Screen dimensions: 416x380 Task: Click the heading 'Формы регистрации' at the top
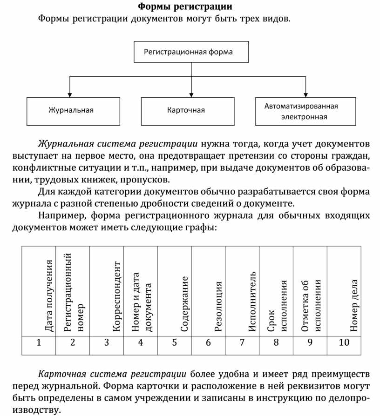[x=185, y=7]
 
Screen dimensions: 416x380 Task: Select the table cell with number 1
[x=39, y=343]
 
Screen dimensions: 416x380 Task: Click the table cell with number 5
[x=175, y=343]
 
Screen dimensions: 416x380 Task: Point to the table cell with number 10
[x=344, y=343]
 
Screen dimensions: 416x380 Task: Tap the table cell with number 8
[x=276, y=343]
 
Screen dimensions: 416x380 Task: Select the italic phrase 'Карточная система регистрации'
[x=112, y=374]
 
